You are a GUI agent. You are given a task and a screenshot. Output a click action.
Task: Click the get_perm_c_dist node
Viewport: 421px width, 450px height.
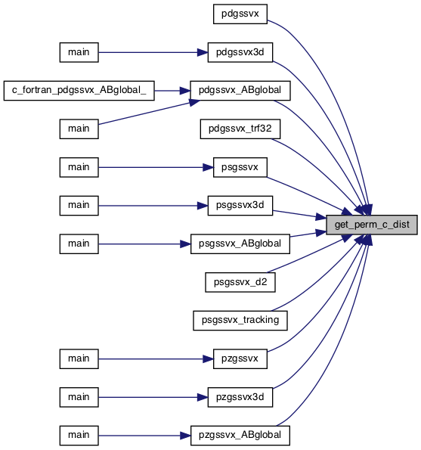pyautogui.click(x=371, y=225)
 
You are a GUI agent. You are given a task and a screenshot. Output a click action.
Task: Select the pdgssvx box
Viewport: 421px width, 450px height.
pyautogui.click(x=240, y=14)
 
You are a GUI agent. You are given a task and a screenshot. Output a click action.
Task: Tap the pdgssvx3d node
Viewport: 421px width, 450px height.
pyautogui.click(x=240, y=52)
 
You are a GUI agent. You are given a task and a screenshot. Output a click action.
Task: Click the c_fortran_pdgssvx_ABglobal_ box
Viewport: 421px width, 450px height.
pyautogui.click(x=79, y=91)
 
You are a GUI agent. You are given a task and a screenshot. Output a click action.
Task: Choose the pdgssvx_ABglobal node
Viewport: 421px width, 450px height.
pyautogui.click(x=240, y=91)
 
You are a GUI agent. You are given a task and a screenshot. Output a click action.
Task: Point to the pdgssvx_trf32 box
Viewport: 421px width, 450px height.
pyautogui.click(x=240, y=129)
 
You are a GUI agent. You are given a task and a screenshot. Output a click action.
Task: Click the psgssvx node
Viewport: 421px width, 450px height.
pyautogui.click(x=240, y=167)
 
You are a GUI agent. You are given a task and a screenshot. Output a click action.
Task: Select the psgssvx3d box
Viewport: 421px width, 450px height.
pyautogui.click(x=240, y=206)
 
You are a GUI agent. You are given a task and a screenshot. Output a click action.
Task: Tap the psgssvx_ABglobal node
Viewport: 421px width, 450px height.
pyautogui.click(x=240, y=244)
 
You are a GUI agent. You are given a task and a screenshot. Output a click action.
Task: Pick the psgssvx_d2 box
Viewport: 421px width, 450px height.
pyautogui.click(x=240, y=282)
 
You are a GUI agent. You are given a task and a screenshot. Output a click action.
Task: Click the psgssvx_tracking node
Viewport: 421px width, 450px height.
pyautogui.click(x=240, y=321)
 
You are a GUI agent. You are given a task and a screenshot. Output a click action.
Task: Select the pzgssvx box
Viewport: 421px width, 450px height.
pyautogui.click(x=240, y=359)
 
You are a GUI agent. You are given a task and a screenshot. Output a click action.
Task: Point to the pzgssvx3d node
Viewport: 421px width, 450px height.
pyautogui.click(x=240, y=397)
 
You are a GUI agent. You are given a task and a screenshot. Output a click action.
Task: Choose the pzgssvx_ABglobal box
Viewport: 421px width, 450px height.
pyautogui.click(x=240, y=436)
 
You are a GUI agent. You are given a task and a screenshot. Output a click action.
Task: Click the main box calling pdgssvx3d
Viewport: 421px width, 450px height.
pyautogui.click(x=79, y=52)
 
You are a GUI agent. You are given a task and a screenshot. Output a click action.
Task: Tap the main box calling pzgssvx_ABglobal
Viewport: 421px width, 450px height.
pyautogui.click(x=79, y=436)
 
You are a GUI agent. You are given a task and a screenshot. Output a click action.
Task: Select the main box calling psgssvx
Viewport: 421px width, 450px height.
pyautogui.click(x=79, y=167)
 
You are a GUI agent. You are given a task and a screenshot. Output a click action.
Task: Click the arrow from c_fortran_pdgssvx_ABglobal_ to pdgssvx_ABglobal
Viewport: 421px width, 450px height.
pyautogui.click(x=172, y=91)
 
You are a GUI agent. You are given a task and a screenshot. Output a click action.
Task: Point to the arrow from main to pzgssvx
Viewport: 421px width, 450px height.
pyautogui.click(x=156, y=359)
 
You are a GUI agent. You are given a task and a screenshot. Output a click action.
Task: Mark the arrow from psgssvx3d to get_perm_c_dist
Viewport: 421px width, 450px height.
pyautogui.click(x=299, y=215)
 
